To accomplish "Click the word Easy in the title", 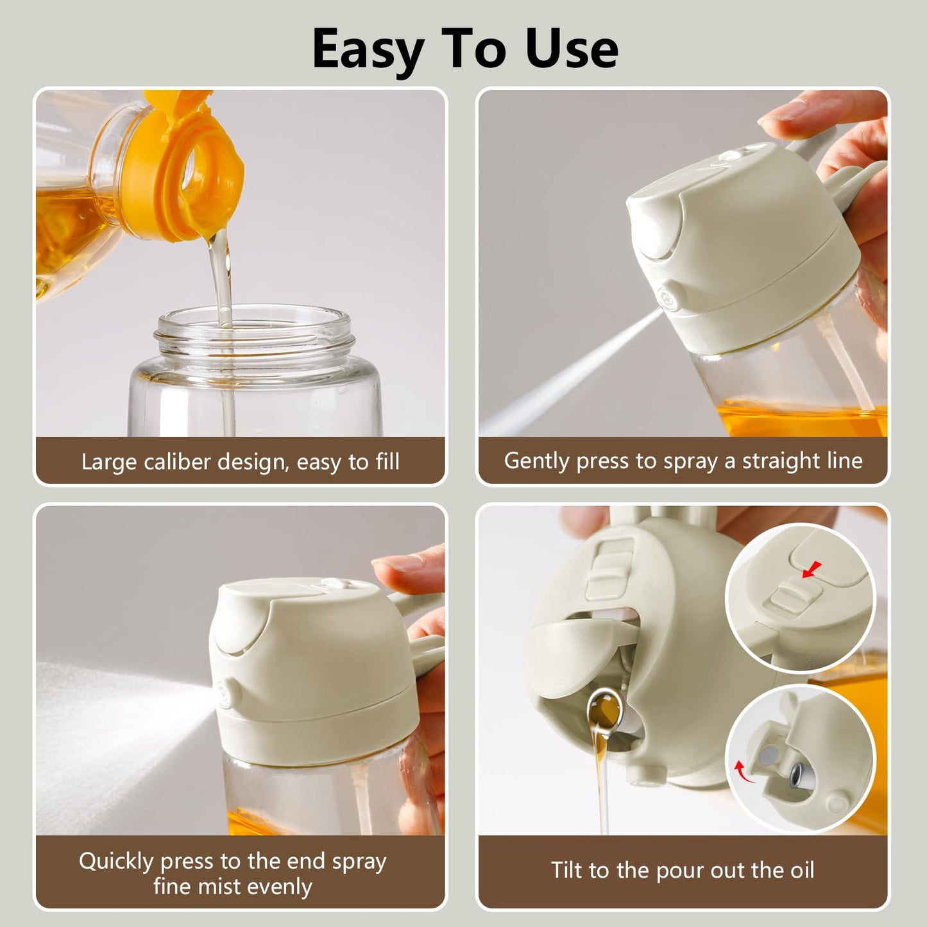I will pyautogui.click(x=366, y=50).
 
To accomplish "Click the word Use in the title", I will pyautogui.click(x=572, y=50).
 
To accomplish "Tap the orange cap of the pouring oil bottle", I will pyautogui.click(x=186, y=173).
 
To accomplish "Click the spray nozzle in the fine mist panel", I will pyautogui.click(x=226, y=692).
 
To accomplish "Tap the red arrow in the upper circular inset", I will pyautogui.click(x=813, y=568).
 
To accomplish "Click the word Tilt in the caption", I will pyautogui.click(x=567, y=870).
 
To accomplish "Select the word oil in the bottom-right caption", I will pyautogui.click(x=799, y=870).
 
